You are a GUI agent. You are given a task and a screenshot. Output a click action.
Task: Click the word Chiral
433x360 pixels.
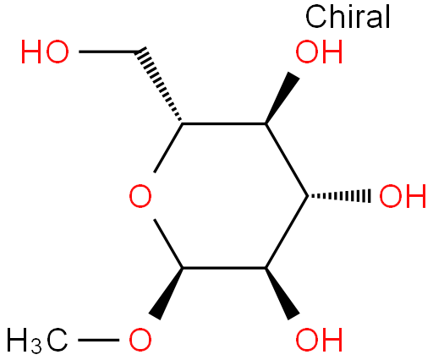tap(348, 17)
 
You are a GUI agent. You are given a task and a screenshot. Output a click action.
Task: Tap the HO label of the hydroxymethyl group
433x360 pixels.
tap(45, 52)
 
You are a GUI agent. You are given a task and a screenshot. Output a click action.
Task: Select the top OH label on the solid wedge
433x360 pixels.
tap(319, 52)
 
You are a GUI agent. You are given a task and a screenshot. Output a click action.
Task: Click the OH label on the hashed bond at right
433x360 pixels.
tap(403, 196)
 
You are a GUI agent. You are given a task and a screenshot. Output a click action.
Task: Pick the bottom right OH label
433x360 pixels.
tap(319, 340)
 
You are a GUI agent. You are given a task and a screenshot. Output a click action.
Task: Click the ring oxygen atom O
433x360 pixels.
tap(140, 196)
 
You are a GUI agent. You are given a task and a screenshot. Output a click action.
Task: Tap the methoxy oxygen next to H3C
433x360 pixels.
tap(140, 340)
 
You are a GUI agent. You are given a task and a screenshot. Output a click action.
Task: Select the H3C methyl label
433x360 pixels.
tap(37, 341)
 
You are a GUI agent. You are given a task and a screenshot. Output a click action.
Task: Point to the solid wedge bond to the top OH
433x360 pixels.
tap(282, 98)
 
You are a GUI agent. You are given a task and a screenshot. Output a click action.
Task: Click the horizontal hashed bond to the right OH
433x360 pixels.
tap(339, 196)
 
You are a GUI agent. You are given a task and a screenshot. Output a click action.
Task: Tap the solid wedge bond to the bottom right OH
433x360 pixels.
tap(282, 294)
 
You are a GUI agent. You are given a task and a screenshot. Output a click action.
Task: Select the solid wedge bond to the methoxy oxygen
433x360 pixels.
tap(166, 294)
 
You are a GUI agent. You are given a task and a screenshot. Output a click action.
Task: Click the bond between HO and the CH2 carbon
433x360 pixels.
tap(108, 52)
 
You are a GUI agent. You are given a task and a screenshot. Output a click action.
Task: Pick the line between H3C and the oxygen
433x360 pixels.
tap(98, 340)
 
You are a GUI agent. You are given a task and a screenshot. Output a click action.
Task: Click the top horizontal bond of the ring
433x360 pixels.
tap(224, 123)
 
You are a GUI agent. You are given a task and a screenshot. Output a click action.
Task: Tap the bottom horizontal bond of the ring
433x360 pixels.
tap(224, 268)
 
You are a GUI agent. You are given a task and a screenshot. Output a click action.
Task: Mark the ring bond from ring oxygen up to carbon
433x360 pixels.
tap(168, 148)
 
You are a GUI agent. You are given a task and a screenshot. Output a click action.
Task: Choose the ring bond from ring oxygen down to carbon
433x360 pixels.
tap(168, 243)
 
